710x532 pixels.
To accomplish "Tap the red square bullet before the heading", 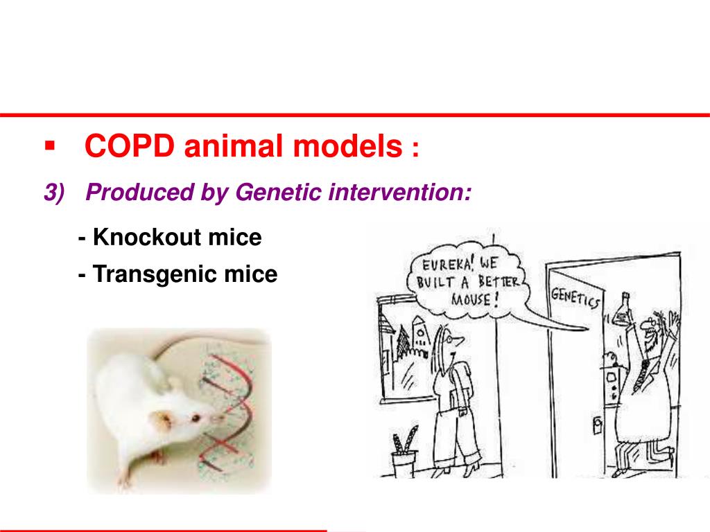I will tap(49, 146).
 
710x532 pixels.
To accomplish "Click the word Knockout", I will tap(146, 238).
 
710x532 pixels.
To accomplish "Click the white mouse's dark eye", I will tap(197, 418).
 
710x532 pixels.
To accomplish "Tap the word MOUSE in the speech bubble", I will tap(472, 300).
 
